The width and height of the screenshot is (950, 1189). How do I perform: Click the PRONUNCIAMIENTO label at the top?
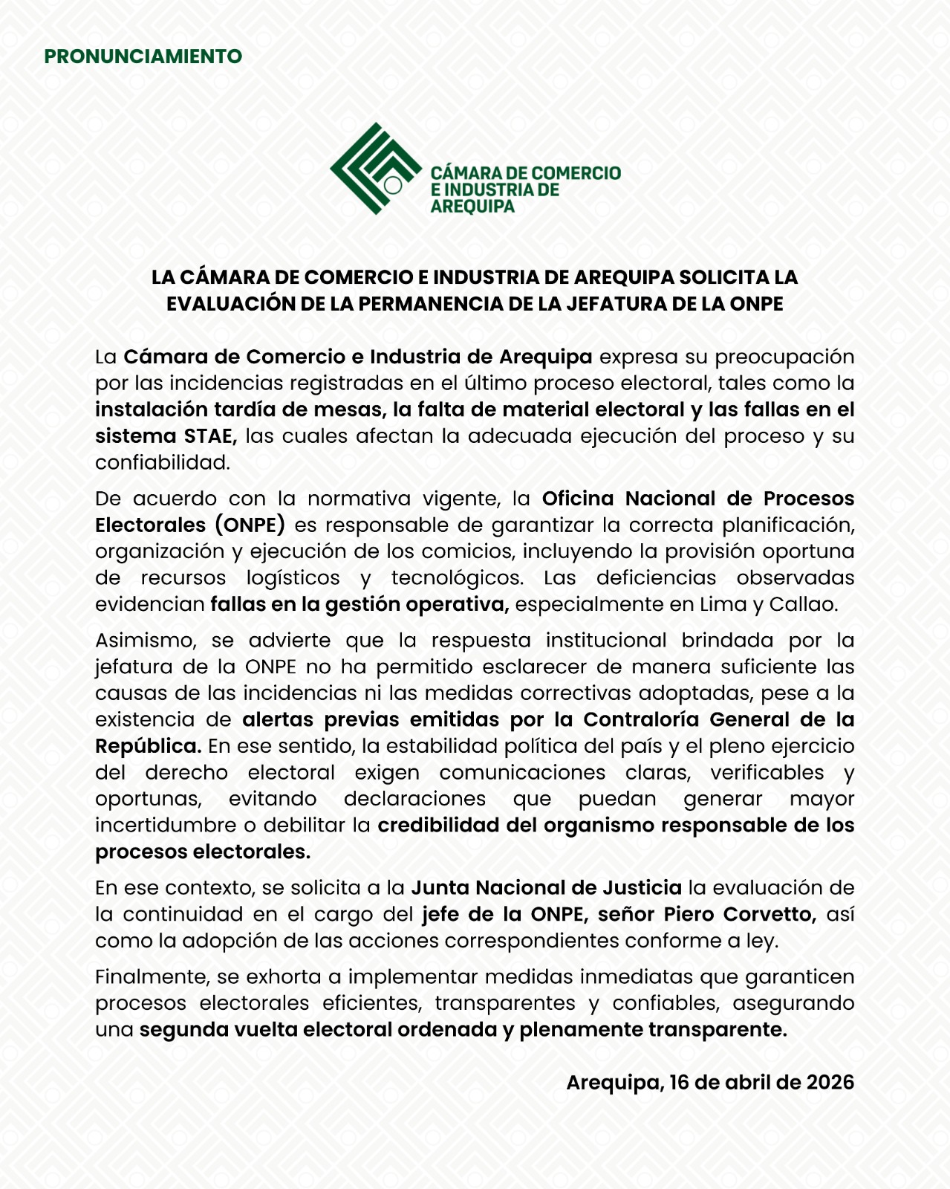(143, 56)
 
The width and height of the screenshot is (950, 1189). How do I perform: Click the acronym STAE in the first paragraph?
(210, 436)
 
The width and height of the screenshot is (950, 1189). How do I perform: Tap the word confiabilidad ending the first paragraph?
(162, 463)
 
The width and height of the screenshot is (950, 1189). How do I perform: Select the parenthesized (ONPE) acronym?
(250, 525)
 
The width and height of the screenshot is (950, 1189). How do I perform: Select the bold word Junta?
(440, 888)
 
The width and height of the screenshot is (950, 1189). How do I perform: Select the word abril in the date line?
(749, 1083)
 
